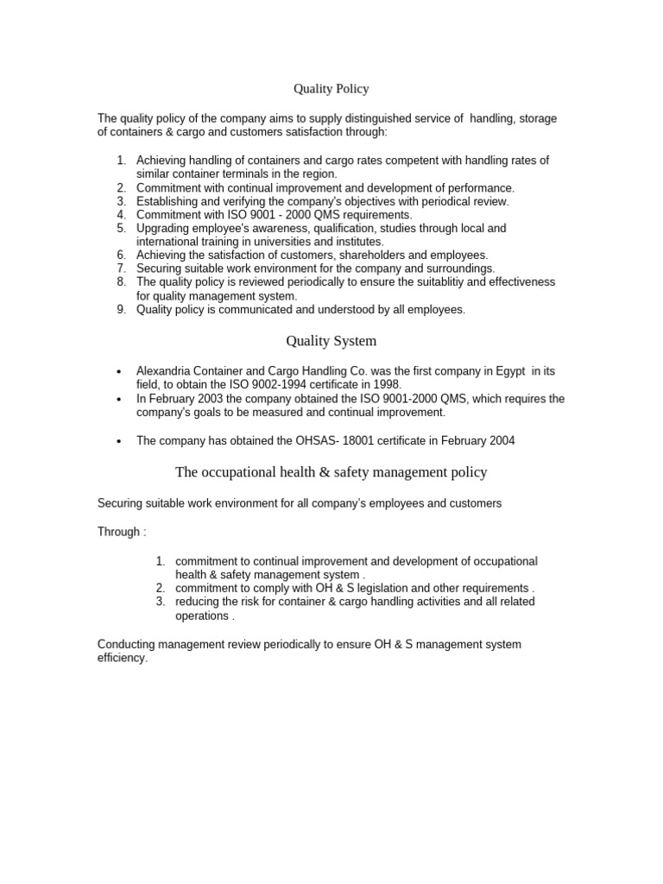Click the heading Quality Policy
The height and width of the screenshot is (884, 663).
[331, 89]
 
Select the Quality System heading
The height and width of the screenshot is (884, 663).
[331, 341]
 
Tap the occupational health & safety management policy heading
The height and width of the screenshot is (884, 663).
[331, 472]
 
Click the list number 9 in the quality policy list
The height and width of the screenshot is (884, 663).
[121, 309]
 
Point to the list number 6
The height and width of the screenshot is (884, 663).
[121, 255]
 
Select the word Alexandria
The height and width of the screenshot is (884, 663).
[167, 370]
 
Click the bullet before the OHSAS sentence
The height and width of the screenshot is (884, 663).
[118, 441]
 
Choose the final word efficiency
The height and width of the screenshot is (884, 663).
[122, 658]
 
